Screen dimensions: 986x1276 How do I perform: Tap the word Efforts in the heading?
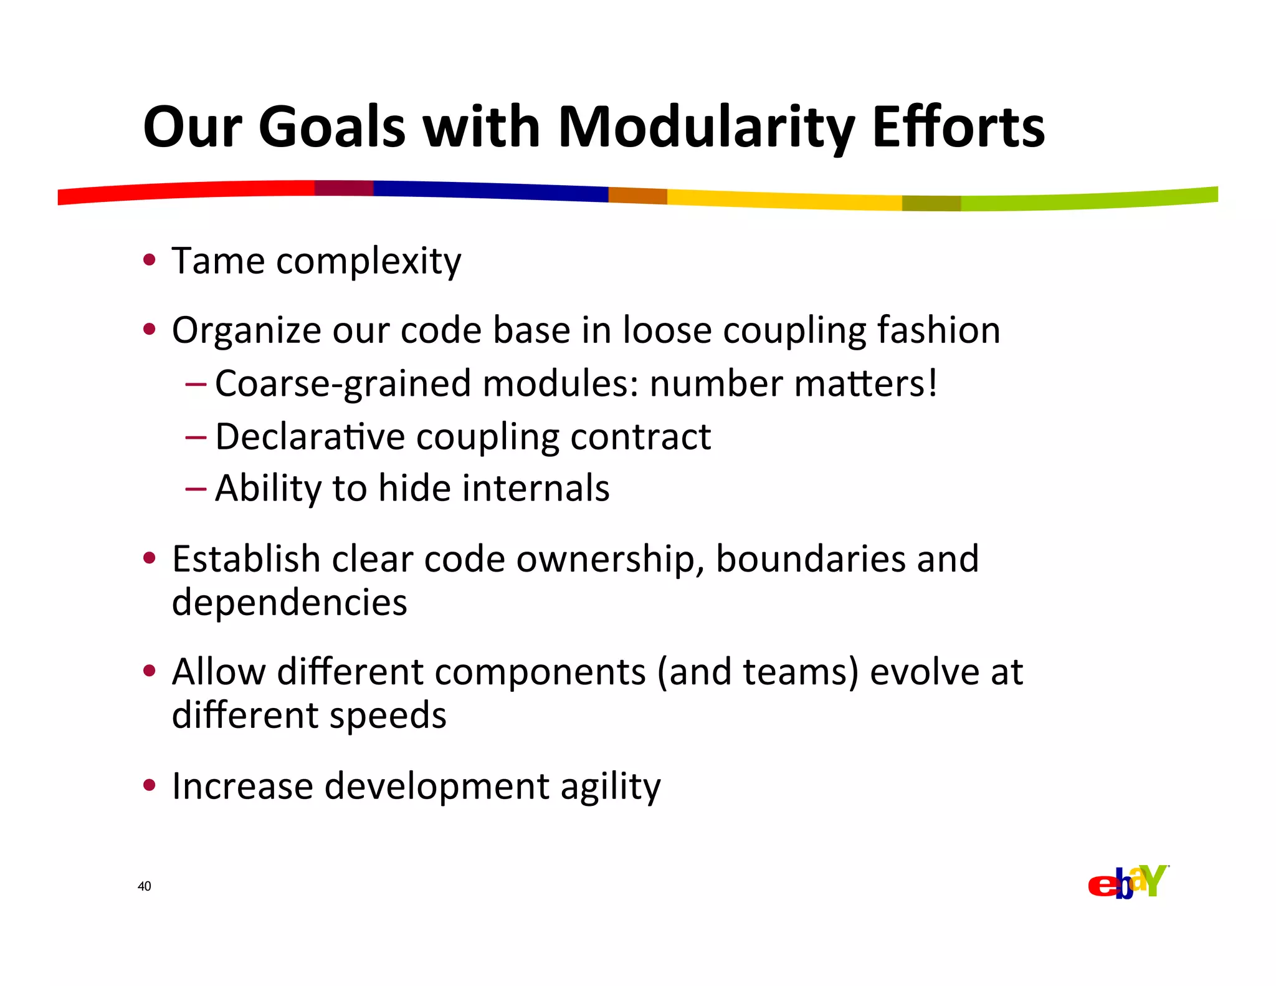coord(958,128)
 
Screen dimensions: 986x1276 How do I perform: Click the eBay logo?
coord(1128,882)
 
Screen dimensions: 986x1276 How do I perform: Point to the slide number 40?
coord(144,886)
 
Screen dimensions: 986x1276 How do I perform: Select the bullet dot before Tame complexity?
coord(148,260)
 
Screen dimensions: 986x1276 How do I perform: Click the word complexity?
coord(368,262)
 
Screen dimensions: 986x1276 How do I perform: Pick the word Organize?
coord(246,331)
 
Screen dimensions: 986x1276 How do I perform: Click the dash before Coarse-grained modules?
coord(195,384)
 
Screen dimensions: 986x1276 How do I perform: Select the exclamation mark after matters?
coord(932,383)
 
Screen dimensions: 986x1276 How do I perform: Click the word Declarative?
coord(310,436)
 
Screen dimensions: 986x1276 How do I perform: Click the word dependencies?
coord(289,603)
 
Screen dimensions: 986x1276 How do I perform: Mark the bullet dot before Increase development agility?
coord(148,785)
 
